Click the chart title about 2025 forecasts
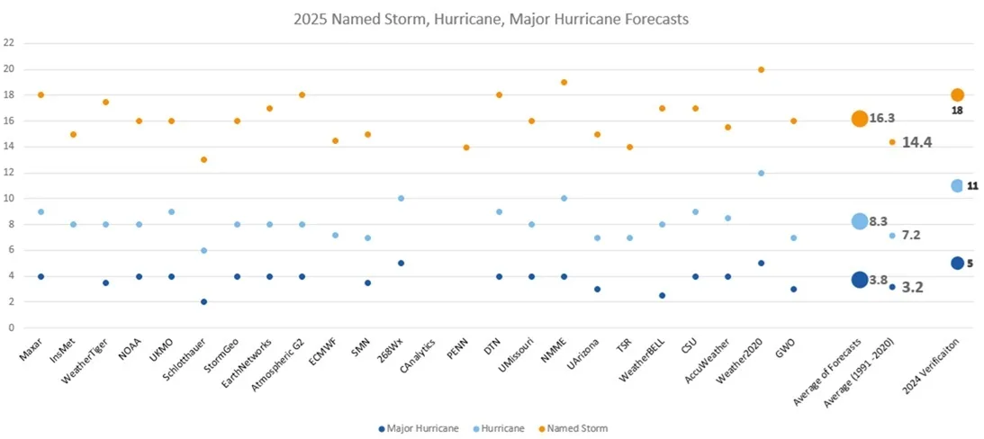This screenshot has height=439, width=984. [492, 19]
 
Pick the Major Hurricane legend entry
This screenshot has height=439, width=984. [419, 428]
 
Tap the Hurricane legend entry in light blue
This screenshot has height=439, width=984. [501, 428]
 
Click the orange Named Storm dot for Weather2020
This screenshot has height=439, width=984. [761, 69]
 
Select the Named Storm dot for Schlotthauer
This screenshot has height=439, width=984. [203, 159]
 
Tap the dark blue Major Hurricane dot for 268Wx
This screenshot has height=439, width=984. [401, 264]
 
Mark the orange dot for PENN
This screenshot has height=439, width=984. [466, 147]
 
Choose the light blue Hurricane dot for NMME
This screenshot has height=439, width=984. [564, 198]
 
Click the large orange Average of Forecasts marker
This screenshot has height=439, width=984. [860, 119]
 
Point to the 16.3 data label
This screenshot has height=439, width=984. [882, 119]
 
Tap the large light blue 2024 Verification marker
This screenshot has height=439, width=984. [957, 185]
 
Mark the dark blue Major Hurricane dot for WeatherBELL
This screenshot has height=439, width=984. [663, 295]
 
